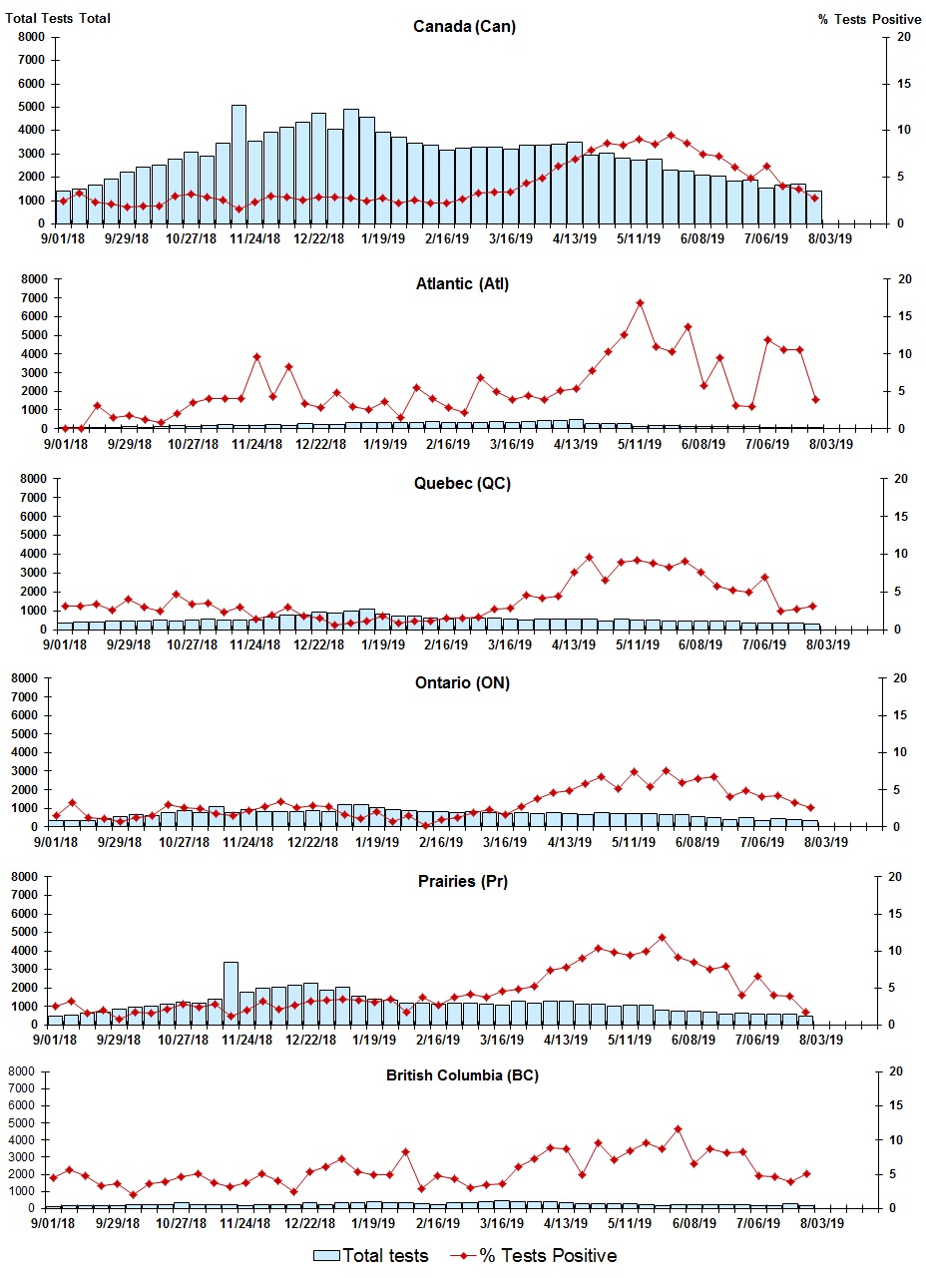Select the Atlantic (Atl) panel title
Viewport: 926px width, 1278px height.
coord(462,284)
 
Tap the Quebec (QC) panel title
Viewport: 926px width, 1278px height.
coord(462,484)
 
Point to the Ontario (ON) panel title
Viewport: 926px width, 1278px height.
coord(462,683)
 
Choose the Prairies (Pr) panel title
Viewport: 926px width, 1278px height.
coord(462,881)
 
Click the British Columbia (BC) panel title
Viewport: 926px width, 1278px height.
coord(462,1075)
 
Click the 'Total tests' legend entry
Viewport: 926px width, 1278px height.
coord(371,1255)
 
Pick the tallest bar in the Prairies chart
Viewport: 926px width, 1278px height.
coord(231,993)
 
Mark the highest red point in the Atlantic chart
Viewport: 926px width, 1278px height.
coord(640,302)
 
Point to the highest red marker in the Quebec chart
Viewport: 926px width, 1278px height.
coord(589,558)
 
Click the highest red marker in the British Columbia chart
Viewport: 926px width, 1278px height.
coord(678,1129)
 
